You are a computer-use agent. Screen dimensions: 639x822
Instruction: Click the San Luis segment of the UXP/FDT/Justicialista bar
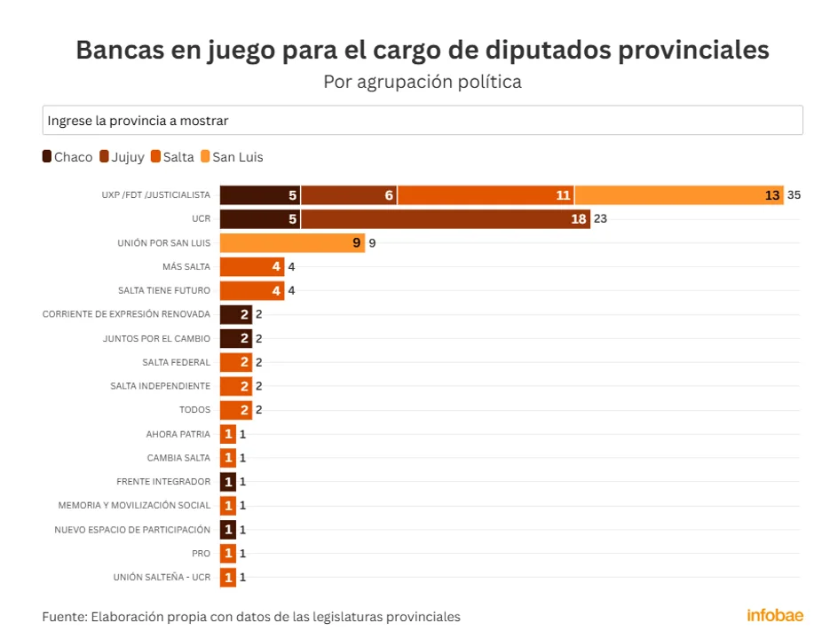click(679, 195)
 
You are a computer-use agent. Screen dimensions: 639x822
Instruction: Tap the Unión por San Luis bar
click(292, 243)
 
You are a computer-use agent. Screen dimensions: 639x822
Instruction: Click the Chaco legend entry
click(67, 157)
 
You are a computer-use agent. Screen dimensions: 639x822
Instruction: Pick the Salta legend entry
click(173, 157)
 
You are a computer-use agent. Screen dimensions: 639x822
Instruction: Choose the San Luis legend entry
click(232, 157)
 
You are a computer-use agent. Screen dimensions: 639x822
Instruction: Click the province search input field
click(423, 121)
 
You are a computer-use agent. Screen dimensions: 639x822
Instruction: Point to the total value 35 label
click(794, 195)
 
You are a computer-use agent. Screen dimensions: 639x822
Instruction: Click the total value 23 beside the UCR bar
click(600, 219)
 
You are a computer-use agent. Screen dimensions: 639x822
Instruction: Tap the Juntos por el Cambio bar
click(235, 338)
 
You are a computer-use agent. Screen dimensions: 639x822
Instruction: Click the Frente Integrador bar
click(228, 482)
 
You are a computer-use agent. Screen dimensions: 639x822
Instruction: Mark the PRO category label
click(202, 554)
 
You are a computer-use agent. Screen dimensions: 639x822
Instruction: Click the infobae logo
click(774, 615)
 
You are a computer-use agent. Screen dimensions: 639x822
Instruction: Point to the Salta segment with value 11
click(486, 195)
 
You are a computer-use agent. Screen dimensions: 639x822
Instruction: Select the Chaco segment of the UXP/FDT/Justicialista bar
click(260, 195)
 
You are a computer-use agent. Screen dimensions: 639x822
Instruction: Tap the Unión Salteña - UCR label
click(162, 578)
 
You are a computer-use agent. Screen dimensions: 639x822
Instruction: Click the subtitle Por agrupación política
click(423, 82)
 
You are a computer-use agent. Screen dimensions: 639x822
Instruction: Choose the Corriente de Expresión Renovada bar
click(235, 314)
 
